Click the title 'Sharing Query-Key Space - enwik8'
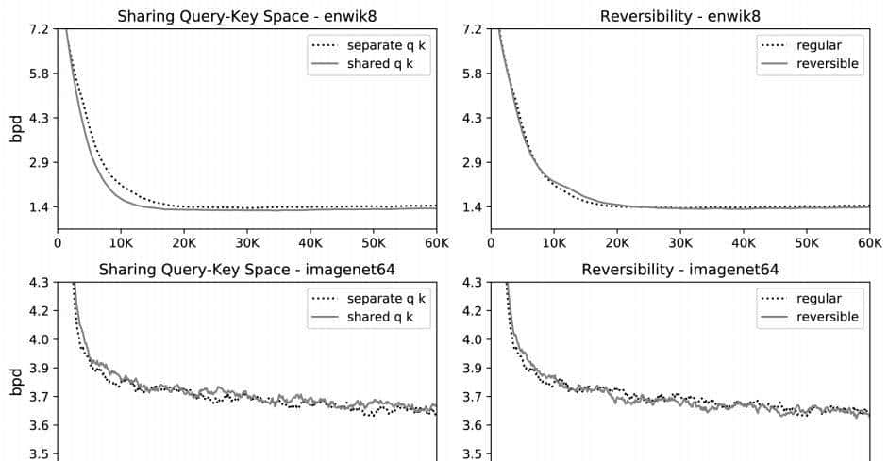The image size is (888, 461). pos(246,15)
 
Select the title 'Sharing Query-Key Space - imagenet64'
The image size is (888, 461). pos(246,270)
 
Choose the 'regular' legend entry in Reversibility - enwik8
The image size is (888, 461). pos(818,45)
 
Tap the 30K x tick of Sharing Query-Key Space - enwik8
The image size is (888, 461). pos(246,240)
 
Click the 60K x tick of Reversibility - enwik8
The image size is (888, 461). pos(868,240)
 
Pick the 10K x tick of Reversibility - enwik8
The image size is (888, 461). pos(555,240)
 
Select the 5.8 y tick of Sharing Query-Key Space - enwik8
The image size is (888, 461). pos(41,74)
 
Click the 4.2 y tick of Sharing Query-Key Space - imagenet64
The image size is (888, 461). pos(41,311)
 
